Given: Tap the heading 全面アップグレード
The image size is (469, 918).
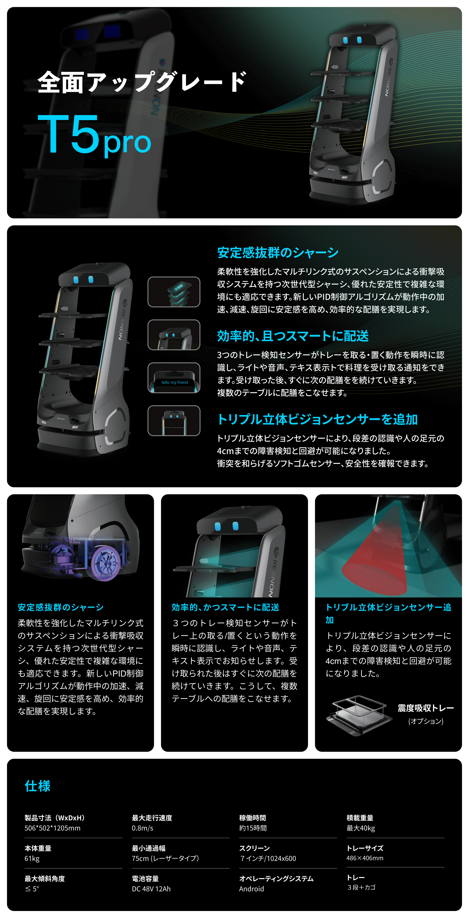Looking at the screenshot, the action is click(x=142, y=82).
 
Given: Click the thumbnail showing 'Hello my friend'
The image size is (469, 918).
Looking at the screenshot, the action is click(x=174, y=378).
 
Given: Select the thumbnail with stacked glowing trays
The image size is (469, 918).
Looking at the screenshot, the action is click(x=174, y=292).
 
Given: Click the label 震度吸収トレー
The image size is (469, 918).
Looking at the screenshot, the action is click(x=426, y=708).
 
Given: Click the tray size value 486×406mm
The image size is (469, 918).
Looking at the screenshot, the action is click(x=365, y=858).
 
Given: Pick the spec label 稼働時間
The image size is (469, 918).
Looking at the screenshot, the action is click(x=253, y=818).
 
